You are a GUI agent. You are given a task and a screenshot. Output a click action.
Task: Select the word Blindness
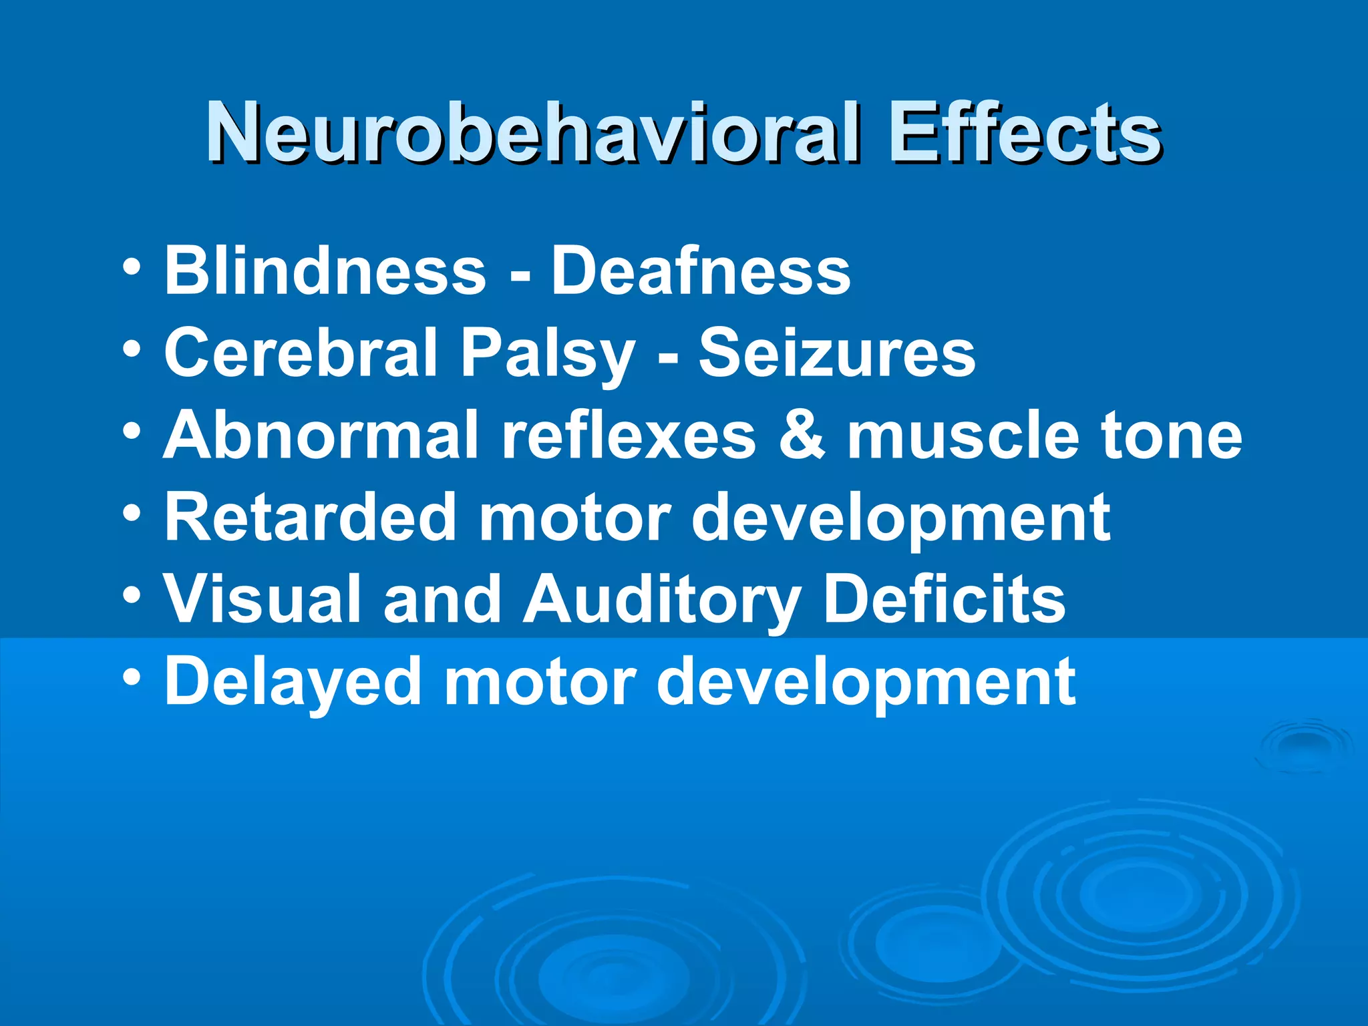point(325,270)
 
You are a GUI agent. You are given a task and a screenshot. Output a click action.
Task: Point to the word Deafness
point(701,270)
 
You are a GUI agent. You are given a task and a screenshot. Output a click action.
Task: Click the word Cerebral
point(300,353)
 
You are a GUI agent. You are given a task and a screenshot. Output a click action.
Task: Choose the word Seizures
point(837,353)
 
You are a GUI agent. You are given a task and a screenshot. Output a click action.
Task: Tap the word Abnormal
point(321,435)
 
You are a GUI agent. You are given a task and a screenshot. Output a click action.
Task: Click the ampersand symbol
point(802,436)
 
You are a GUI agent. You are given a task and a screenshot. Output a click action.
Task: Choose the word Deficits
point(945,598)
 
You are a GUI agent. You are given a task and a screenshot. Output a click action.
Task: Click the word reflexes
point(629,435)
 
